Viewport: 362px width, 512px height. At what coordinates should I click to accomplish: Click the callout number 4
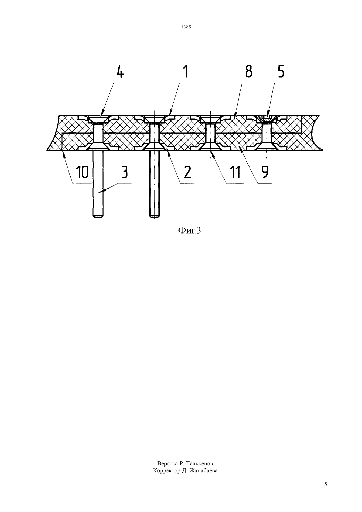point(120,72)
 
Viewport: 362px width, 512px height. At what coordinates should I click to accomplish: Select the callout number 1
point(186,72)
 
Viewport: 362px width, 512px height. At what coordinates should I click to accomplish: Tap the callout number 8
point(249,72)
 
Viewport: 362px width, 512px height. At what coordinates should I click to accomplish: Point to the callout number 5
point(281,72)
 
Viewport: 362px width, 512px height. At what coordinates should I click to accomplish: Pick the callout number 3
point(124,172)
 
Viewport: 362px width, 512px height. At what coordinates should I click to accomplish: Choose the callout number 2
point(187,172)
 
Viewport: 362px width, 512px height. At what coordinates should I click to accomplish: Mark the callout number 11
point(236,172)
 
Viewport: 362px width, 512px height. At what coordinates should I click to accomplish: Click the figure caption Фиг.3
point(189,231)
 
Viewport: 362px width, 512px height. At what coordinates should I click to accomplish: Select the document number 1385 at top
point(186,27)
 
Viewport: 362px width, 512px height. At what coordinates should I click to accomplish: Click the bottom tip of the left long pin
point(98,216)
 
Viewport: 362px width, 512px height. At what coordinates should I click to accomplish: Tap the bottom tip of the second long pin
point(154,216)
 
